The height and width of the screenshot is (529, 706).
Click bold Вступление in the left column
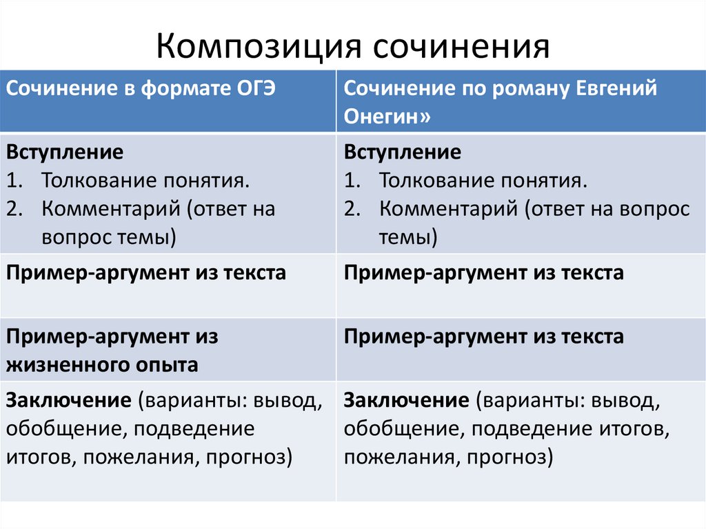point(65,152)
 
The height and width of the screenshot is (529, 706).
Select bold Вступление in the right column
point(402,152)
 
